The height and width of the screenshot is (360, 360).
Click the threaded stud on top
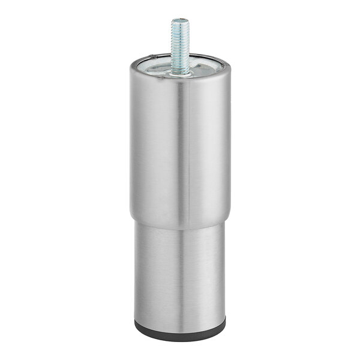tap(180, 45)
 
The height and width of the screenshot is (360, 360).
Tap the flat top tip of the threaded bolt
tap(180, 20)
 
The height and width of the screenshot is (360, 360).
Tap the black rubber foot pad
tap(180, 332)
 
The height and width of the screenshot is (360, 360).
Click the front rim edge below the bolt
tap(180, 80)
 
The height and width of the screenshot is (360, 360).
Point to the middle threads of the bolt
tap(180, 45)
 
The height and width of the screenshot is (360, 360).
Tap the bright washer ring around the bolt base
tap(180, 73)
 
